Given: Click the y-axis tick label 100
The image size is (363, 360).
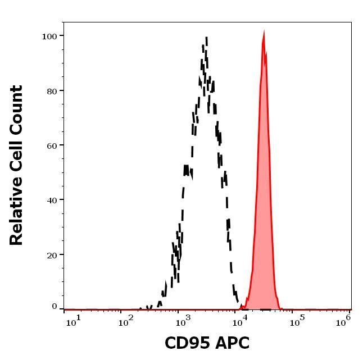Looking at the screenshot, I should click(x=49, y=36).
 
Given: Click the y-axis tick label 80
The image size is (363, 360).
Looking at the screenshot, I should click(x=52, y=90).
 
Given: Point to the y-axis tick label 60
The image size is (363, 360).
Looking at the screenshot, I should click(x=52, y=145).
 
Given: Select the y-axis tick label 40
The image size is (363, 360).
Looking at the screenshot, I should click(x=52, y=199).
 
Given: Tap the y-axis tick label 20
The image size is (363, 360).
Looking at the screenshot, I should click(x=52, y=254).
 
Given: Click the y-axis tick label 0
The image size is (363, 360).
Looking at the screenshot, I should click(x=55, y=307).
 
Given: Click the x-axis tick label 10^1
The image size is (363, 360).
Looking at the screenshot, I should click(x=73, y=320).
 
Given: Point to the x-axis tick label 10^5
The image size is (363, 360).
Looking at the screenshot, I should click(x=295, y=320).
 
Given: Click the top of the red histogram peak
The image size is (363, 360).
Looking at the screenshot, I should click(x=264, y=31).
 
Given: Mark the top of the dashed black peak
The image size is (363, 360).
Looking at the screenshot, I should click(x=207, y=38).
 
